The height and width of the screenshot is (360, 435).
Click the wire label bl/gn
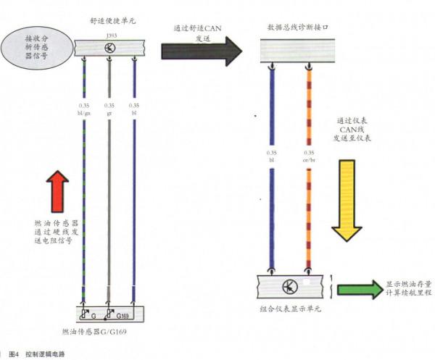(84, 113)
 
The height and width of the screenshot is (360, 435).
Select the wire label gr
(109, 113)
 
